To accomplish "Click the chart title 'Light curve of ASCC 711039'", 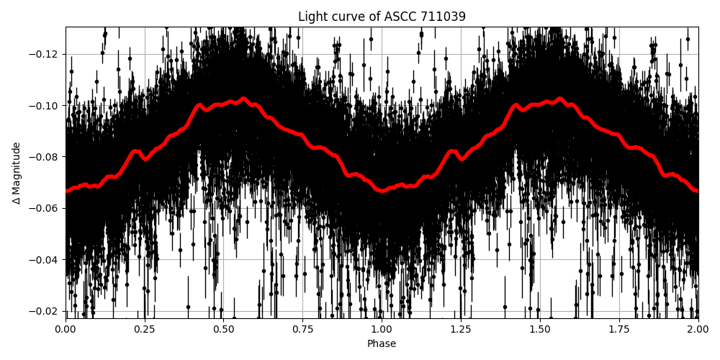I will [382, 17].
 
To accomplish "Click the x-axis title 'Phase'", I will [382, 344].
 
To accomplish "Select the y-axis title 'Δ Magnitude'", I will [17, 173].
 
